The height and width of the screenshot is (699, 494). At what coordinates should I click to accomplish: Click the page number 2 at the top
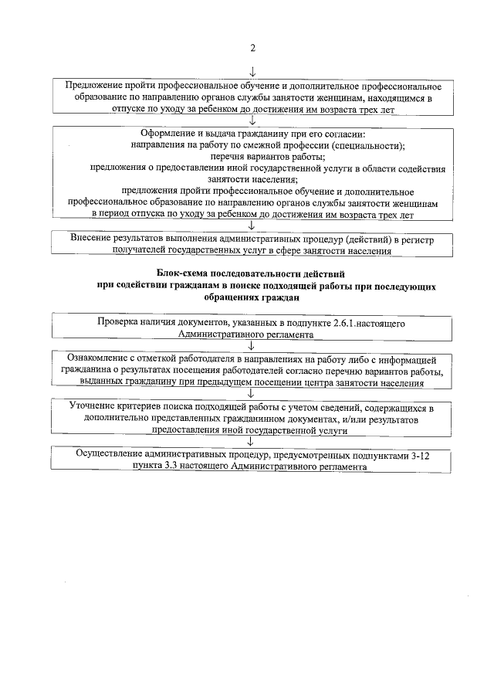tap(252, 48)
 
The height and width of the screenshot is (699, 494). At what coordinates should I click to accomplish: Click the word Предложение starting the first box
tap(96, 85)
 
